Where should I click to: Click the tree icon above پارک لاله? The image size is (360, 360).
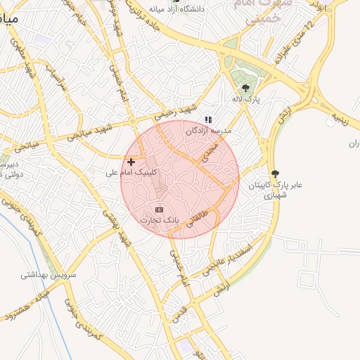245,88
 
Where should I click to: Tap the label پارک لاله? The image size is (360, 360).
247,100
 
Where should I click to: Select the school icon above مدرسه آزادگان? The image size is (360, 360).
207,120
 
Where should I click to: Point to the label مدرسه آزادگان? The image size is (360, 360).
208,131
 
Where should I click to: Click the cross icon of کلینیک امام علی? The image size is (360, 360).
131,162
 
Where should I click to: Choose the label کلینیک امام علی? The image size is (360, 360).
131,172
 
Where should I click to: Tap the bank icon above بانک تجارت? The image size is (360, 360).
159,210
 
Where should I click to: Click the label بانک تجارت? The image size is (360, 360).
160,220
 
